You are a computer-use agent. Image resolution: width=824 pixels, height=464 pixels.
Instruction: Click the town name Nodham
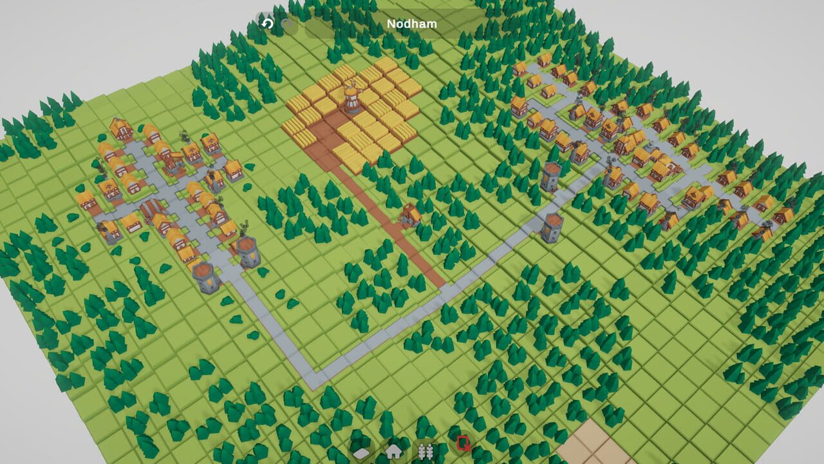[411, 24]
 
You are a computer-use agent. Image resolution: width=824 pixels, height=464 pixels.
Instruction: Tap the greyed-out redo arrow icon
[289, 24]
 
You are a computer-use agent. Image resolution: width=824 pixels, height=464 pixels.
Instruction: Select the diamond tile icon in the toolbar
[362, 452]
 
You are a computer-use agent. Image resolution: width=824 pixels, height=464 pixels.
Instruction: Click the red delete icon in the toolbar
[463, 443]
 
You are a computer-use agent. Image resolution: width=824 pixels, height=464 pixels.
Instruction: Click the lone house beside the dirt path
[411, 214]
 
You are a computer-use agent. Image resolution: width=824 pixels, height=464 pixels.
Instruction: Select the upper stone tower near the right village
[551, 176]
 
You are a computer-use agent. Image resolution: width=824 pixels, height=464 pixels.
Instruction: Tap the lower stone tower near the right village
[552, 227]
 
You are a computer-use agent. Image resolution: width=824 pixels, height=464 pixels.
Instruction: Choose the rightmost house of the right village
[783, 215]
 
